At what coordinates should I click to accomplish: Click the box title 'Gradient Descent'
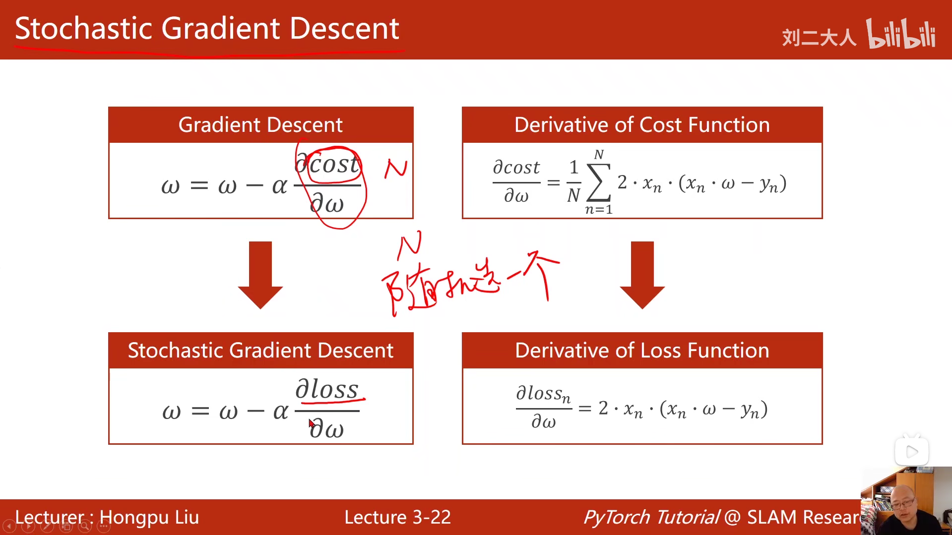(260, 125)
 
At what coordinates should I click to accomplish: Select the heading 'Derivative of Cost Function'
(642, 125)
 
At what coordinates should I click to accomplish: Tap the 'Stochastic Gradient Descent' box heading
(260, 351)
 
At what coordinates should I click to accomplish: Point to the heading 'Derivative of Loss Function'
(642, 351)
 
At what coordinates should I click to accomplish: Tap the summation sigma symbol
(599, 182)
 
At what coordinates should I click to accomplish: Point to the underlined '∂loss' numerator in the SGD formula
(327, 389)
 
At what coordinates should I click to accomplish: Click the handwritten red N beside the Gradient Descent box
(396, 169)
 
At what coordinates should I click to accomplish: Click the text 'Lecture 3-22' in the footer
(397, 517)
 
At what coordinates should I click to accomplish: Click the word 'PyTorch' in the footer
(617, 517)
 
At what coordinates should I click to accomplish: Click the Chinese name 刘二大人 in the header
(819, 38)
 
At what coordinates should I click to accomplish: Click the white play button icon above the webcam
(911, 452)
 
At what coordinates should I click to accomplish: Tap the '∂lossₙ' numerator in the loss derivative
(543, 394)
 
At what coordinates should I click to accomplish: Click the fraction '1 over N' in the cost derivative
(573, 182)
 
